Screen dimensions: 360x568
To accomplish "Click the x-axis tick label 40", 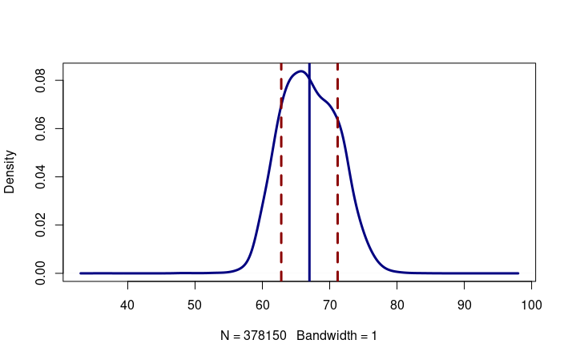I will point(127,305).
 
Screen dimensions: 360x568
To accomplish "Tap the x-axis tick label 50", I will point(195,305).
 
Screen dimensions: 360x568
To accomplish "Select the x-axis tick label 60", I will point(263,305).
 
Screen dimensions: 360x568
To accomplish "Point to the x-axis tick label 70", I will point(330,305).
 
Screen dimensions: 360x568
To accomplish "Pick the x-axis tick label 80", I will point(397,305).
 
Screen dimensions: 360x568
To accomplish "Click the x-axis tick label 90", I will point(465,305).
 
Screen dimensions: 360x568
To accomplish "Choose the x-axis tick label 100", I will point(532,305).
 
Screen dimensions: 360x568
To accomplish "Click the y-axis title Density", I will point(10,172).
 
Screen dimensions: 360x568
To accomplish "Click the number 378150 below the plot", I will point(263,336).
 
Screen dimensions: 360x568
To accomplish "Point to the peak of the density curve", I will point(300,71).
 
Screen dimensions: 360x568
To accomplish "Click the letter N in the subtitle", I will point(225,336).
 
